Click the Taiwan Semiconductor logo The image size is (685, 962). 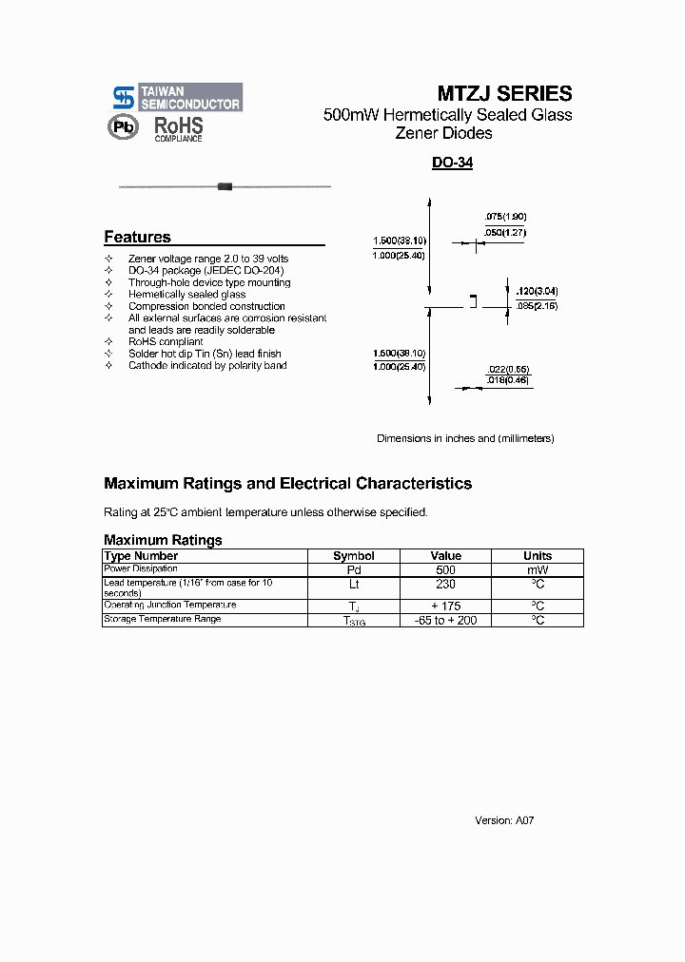(177, 97)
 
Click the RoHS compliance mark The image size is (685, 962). (179, 128)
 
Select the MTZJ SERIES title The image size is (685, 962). (504, 93)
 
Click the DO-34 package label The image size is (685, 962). (452, 163)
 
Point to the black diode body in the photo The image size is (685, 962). (225, 186)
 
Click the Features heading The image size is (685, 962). (137, 237)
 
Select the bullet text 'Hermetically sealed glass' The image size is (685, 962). (187, 295)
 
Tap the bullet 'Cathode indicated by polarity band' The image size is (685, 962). (207, 365)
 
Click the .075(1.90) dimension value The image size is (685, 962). (504, 216)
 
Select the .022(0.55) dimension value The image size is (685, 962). (509, 368)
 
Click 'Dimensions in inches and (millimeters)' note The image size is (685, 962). (465, 438)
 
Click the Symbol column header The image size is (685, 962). (354, 556)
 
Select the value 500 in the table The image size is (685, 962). (445, 569)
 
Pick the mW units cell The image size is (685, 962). (538, 569)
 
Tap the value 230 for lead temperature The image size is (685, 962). (445, 584)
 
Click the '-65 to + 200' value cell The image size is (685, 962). (445, 620)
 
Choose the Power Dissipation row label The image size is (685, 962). (141, 568)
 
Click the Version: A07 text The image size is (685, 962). (504, 820)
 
